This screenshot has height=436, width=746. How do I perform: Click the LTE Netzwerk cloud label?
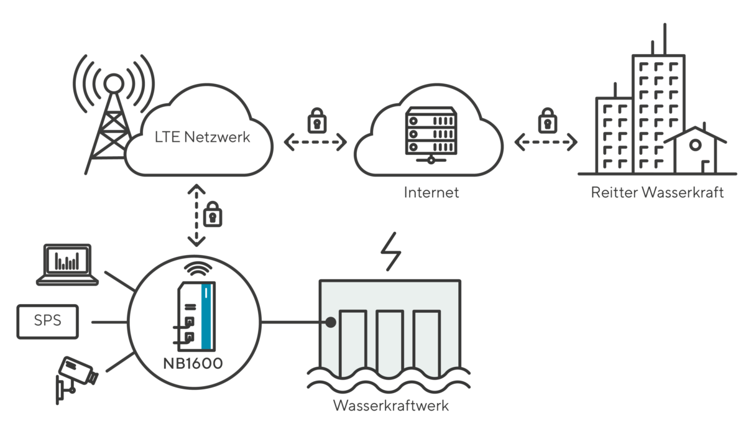tap(202, 137)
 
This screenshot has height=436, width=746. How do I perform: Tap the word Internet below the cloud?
tap(431, 192)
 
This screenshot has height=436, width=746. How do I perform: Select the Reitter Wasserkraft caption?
tap(657, 192)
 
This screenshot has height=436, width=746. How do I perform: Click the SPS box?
tap(47, 322)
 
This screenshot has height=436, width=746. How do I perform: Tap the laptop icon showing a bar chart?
tap(67, 265)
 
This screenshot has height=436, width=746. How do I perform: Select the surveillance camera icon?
tap(76, 376)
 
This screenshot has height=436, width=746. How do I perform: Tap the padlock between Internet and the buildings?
tap(546, 120)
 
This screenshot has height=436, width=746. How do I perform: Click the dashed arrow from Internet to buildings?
tap(546, 143)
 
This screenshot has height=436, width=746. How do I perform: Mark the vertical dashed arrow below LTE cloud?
tap(196, 215)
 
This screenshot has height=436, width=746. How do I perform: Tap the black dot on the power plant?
tap(331, 322)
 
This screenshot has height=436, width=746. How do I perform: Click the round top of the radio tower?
tap(113, 82)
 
